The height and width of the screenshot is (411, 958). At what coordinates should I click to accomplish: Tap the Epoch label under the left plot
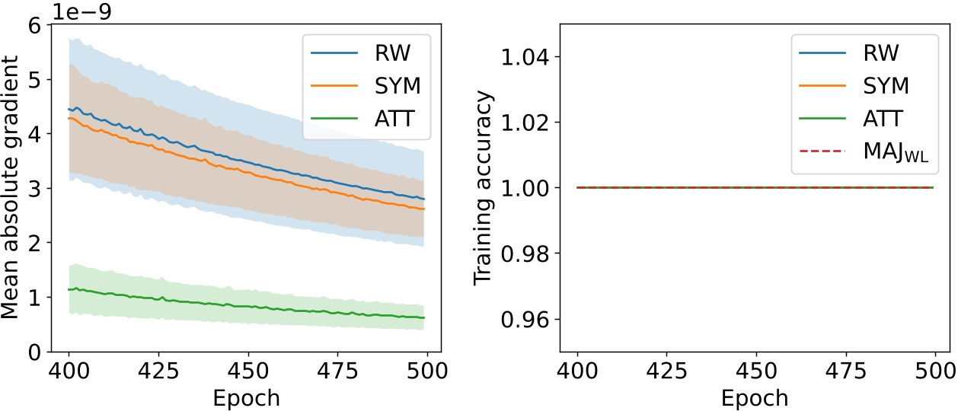tap(246, 398)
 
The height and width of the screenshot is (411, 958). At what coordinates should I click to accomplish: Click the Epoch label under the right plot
tap(755, 398)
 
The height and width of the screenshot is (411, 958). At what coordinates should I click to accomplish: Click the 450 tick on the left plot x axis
tap(246, 372)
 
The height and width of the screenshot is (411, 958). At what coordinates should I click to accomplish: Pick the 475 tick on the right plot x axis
tap(844, 372)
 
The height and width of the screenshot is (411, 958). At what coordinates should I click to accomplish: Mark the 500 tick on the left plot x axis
tap(423, 372)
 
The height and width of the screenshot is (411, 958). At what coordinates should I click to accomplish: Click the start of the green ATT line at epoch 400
tap(69, 289)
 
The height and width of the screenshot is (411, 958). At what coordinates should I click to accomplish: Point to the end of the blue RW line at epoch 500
tap(423, 199)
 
